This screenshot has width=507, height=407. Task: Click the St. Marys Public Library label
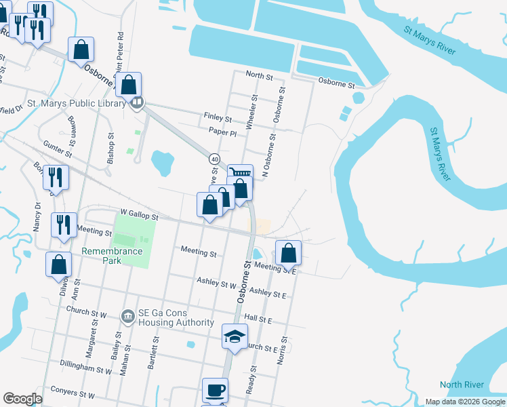coord(76,104)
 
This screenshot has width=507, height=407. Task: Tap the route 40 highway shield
coord(214,159)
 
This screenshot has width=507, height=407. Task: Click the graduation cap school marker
coord(235,336)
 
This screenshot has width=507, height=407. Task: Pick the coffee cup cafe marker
coord(216,391)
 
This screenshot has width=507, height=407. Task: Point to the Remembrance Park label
coord(113,256)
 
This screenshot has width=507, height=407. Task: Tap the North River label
coord(462,385)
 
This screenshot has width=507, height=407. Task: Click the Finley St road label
coord(218,117)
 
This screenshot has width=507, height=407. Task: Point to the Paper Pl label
coord(222,133)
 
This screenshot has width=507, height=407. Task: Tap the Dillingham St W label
coord(85,371)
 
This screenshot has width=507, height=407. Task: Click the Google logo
coord(22,399)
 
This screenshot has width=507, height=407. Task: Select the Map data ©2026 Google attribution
coord(464,402)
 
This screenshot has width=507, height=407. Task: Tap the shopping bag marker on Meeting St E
coord(289,253)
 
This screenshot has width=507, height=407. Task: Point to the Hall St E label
coord(258,319)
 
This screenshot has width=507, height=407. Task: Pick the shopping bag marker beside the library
coord(128,85)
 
